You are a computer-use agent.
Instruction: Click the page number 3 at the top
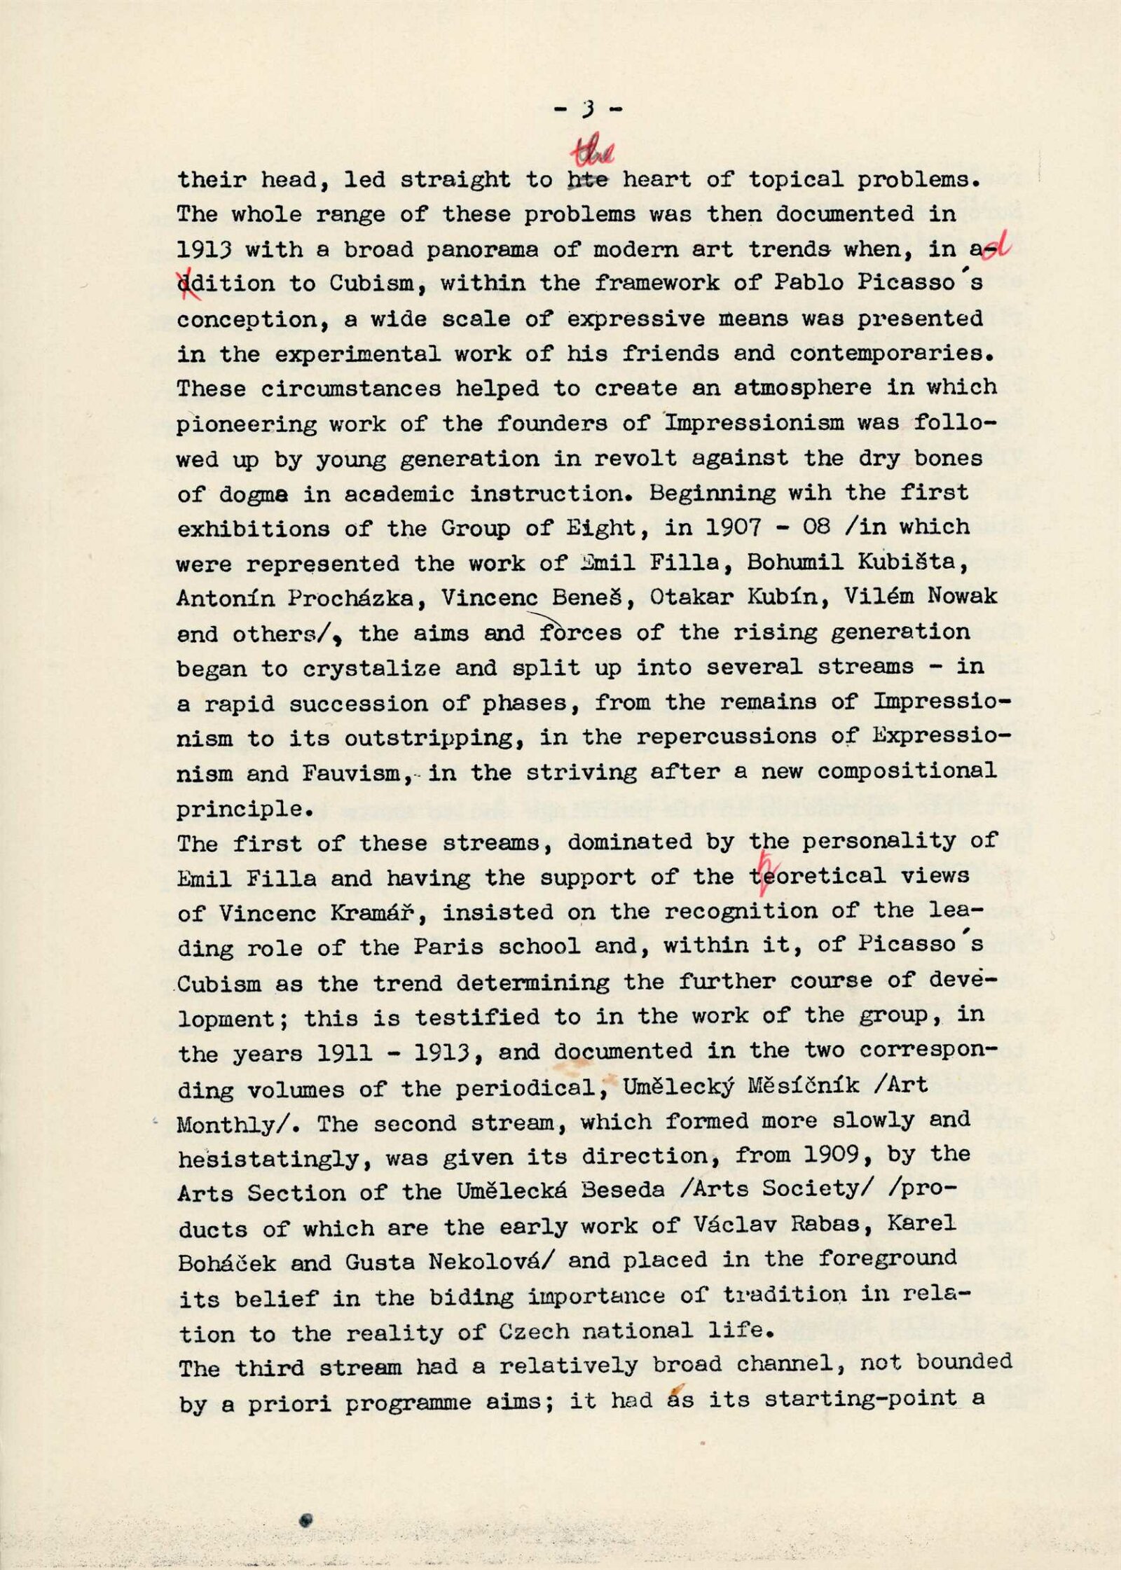tap(588, 109)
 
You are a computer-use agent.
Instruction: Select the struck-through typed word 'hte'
tap(587, 180)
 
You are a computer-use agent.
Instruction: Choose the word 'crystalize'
tap(371, 667)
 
